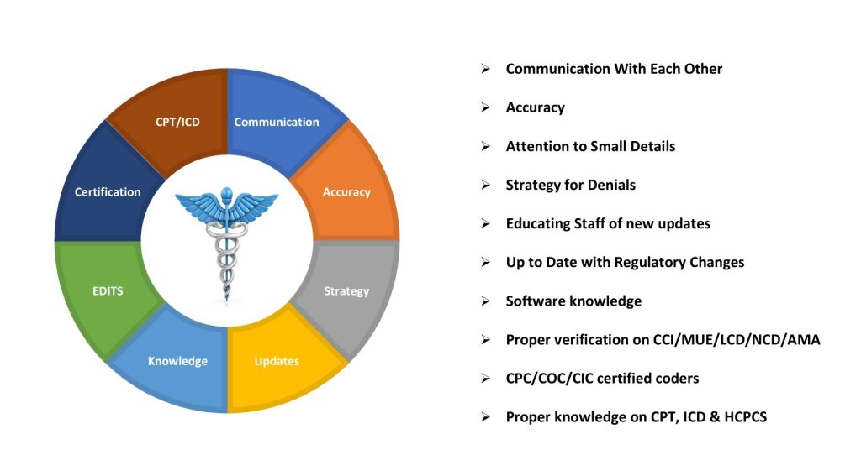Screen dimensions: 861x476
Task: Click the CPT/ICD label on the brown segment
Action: (177, 122)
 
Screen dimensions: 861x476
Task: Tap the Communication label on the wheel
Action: (277, 122)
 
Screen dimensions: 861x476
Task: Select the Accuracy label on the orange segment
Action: (346, 192)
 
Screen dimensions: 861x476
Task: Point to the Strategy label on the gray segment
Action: (346, 291)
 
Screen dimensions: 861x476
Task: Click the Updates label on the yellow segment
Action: (277, 361)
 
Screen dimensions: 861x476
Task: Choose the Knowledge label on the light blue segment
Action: (178, 361)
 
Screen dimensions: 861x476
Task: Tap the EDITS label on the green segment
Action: (108, 291)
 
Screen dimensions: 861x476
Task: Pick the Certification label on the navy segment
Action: (108, 192)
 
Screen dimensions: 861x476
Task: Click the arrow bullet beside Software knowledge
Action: (485, 301)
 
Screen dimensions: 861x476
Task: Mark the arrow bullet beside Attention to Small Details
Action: (485, 146)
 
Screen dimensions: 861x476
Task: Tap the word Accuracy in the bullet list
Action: (536, 108)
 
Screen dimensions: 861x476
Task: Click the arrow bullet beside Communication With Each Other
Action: (485, 69)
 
